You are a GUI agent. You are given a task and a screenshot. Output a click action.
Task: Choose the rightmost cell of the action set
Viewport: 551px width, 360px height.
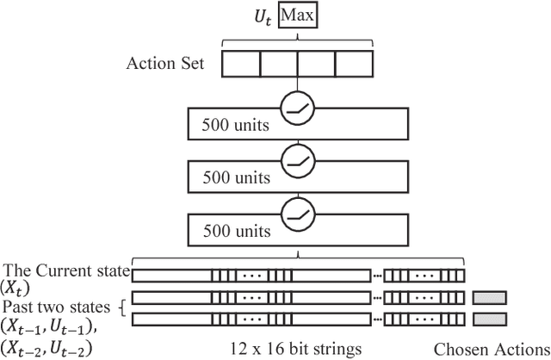point(354,65)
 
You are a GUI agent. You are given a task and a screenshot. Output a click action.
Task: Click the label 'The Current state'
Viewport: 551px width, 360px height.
point(66,271)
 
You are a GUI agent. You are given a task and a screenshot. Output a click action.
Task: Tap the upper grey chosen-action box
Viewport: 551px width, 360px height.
point(489,297)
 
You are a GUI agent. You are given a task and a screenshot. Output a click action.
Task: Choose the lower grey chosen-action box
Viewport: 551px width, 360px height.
point(489,319)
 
